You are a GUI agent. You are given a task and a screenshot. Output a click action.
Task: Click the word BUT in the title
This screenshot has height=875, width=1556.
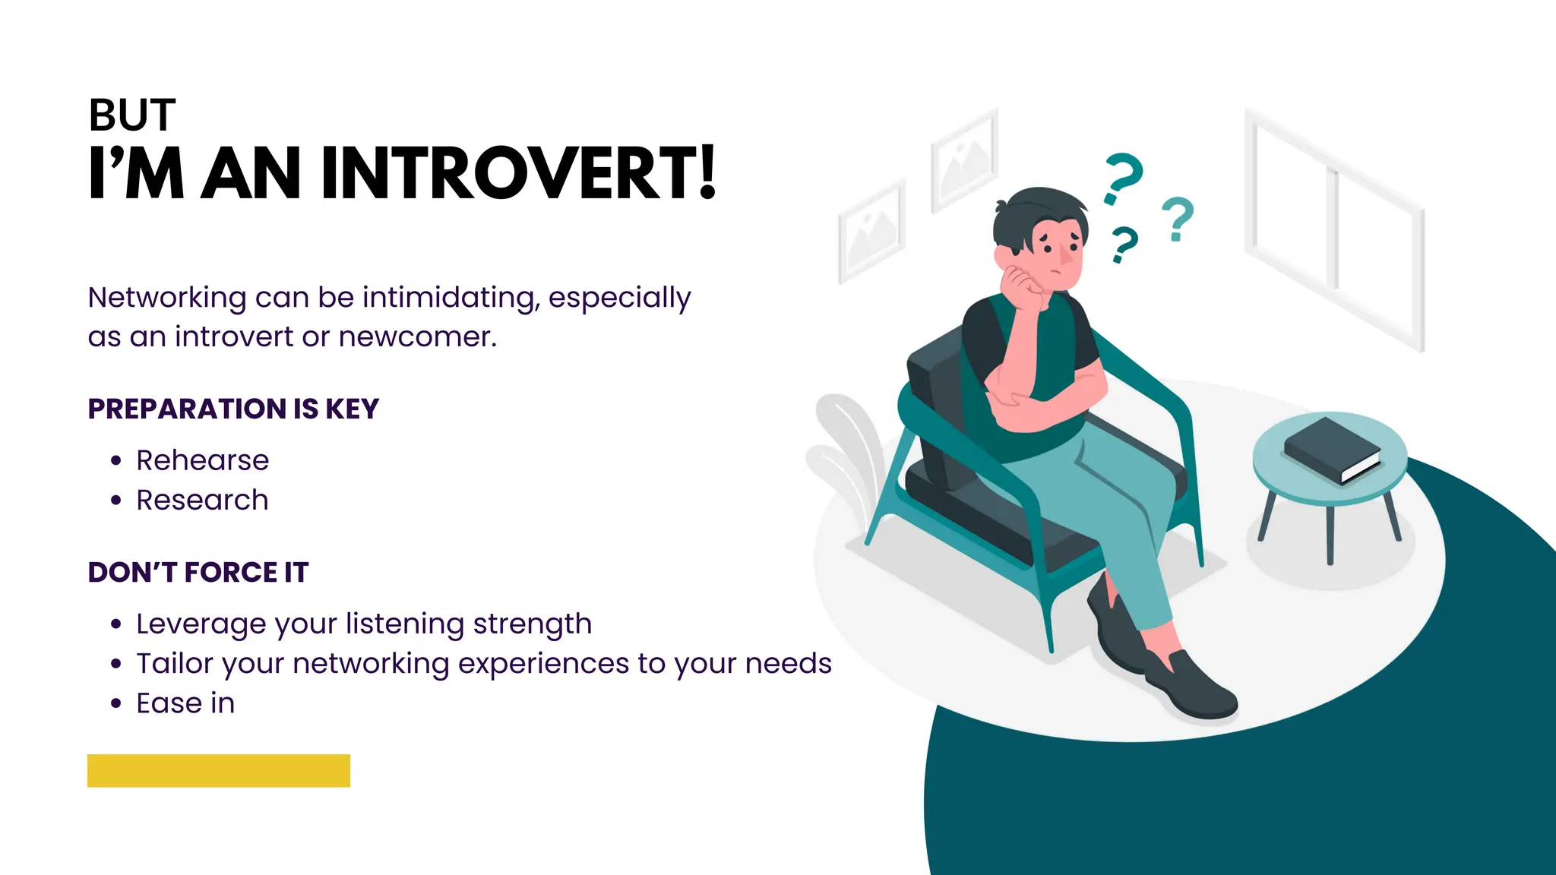[132, 115]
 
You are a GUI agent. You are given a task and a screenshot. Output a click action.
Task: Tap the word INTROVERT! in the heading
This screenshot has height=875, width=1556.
[518, 174]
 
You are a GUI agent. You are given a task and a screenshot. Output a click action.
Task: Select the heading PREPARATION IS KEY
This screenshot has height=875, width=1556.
[233, 409]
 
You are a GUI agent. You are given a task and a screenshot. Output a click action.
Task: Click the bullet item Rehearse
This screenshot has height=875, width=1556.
[202, 460]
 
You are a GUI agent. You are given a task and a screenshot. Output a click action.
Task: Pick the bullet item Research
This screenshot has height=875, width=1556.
[202, 500]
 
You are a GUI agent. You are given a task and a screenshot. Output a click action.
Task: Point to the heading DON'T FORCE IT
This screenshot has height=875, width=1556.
[198, 572]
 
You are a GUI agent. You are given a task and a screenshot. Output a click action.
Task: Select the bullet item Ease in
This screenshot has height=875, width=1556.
[185, 703]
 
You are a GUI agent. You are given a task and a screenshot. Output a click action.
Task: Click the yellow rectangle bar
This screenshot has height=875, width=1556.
[219, 770]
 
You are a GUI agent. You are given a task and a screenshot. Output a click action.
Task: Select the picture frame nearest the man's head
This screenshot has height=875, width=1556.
[963, 160]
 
